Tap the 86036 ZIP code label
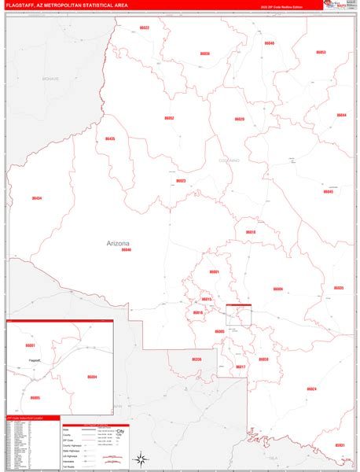(x=205, y=53)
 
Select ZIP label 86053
(x=321, y=52)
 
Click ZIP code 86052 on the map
(x=169, y=118)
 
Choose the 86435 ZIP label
(x=110, y=138)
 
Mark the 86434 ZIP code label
(x=37, y=198)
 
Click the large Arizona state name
(x=118, y=244)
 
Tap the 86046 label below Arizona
(x=126, y=250)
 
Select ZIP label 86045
(x=329, y=191)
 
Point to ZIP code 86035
(x=338, y=288)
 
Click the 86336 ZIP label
(x=197, y=360)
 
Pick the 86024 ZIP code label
(x=312, y=389)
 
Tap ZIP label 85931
(x=340, y=445)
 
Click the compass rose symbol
(x=139, y=459)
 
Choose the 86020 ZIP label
(x=240, y=119)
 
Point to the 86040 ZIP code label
(x=270, y=43)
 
